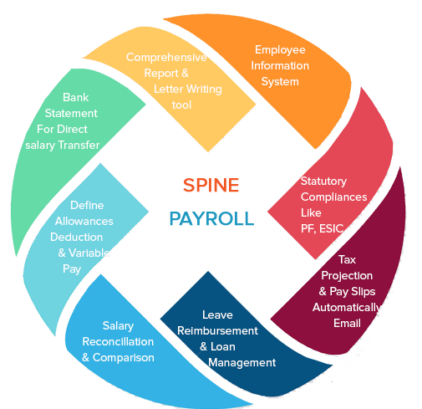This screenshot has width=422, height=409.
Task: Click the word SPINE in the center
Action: tap(211, 185)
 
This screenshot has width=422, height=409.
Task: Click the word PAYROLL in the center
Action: tap(211, 219)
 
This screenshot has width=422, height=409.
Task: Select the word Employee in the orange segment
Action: tap(281, 49)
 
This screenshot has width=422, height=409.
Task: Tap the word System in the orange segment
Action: tap(280, 82)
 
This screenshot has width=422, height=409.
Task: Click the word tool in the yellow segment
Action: tap(181, 105)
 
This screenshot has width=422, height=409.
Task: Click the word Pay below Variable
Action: tap(72, 269)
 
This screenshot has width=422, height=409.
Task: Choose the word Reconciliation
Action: tap(117, 341)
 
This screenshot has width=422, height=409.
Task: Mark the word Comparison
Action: tap(123, 357)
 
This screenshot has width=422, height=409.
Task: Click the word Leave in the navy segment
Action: tap(217, 315)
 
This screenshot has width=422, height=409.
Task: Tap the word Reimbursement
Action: tap(217, 331)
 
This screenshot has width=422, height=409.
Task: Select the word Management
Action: tap(242, 362)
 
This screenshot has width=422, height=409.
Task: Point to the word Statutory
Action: tap(323, 181)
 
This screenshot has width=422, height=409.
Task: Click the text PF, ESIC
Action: tap(323, 229)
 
